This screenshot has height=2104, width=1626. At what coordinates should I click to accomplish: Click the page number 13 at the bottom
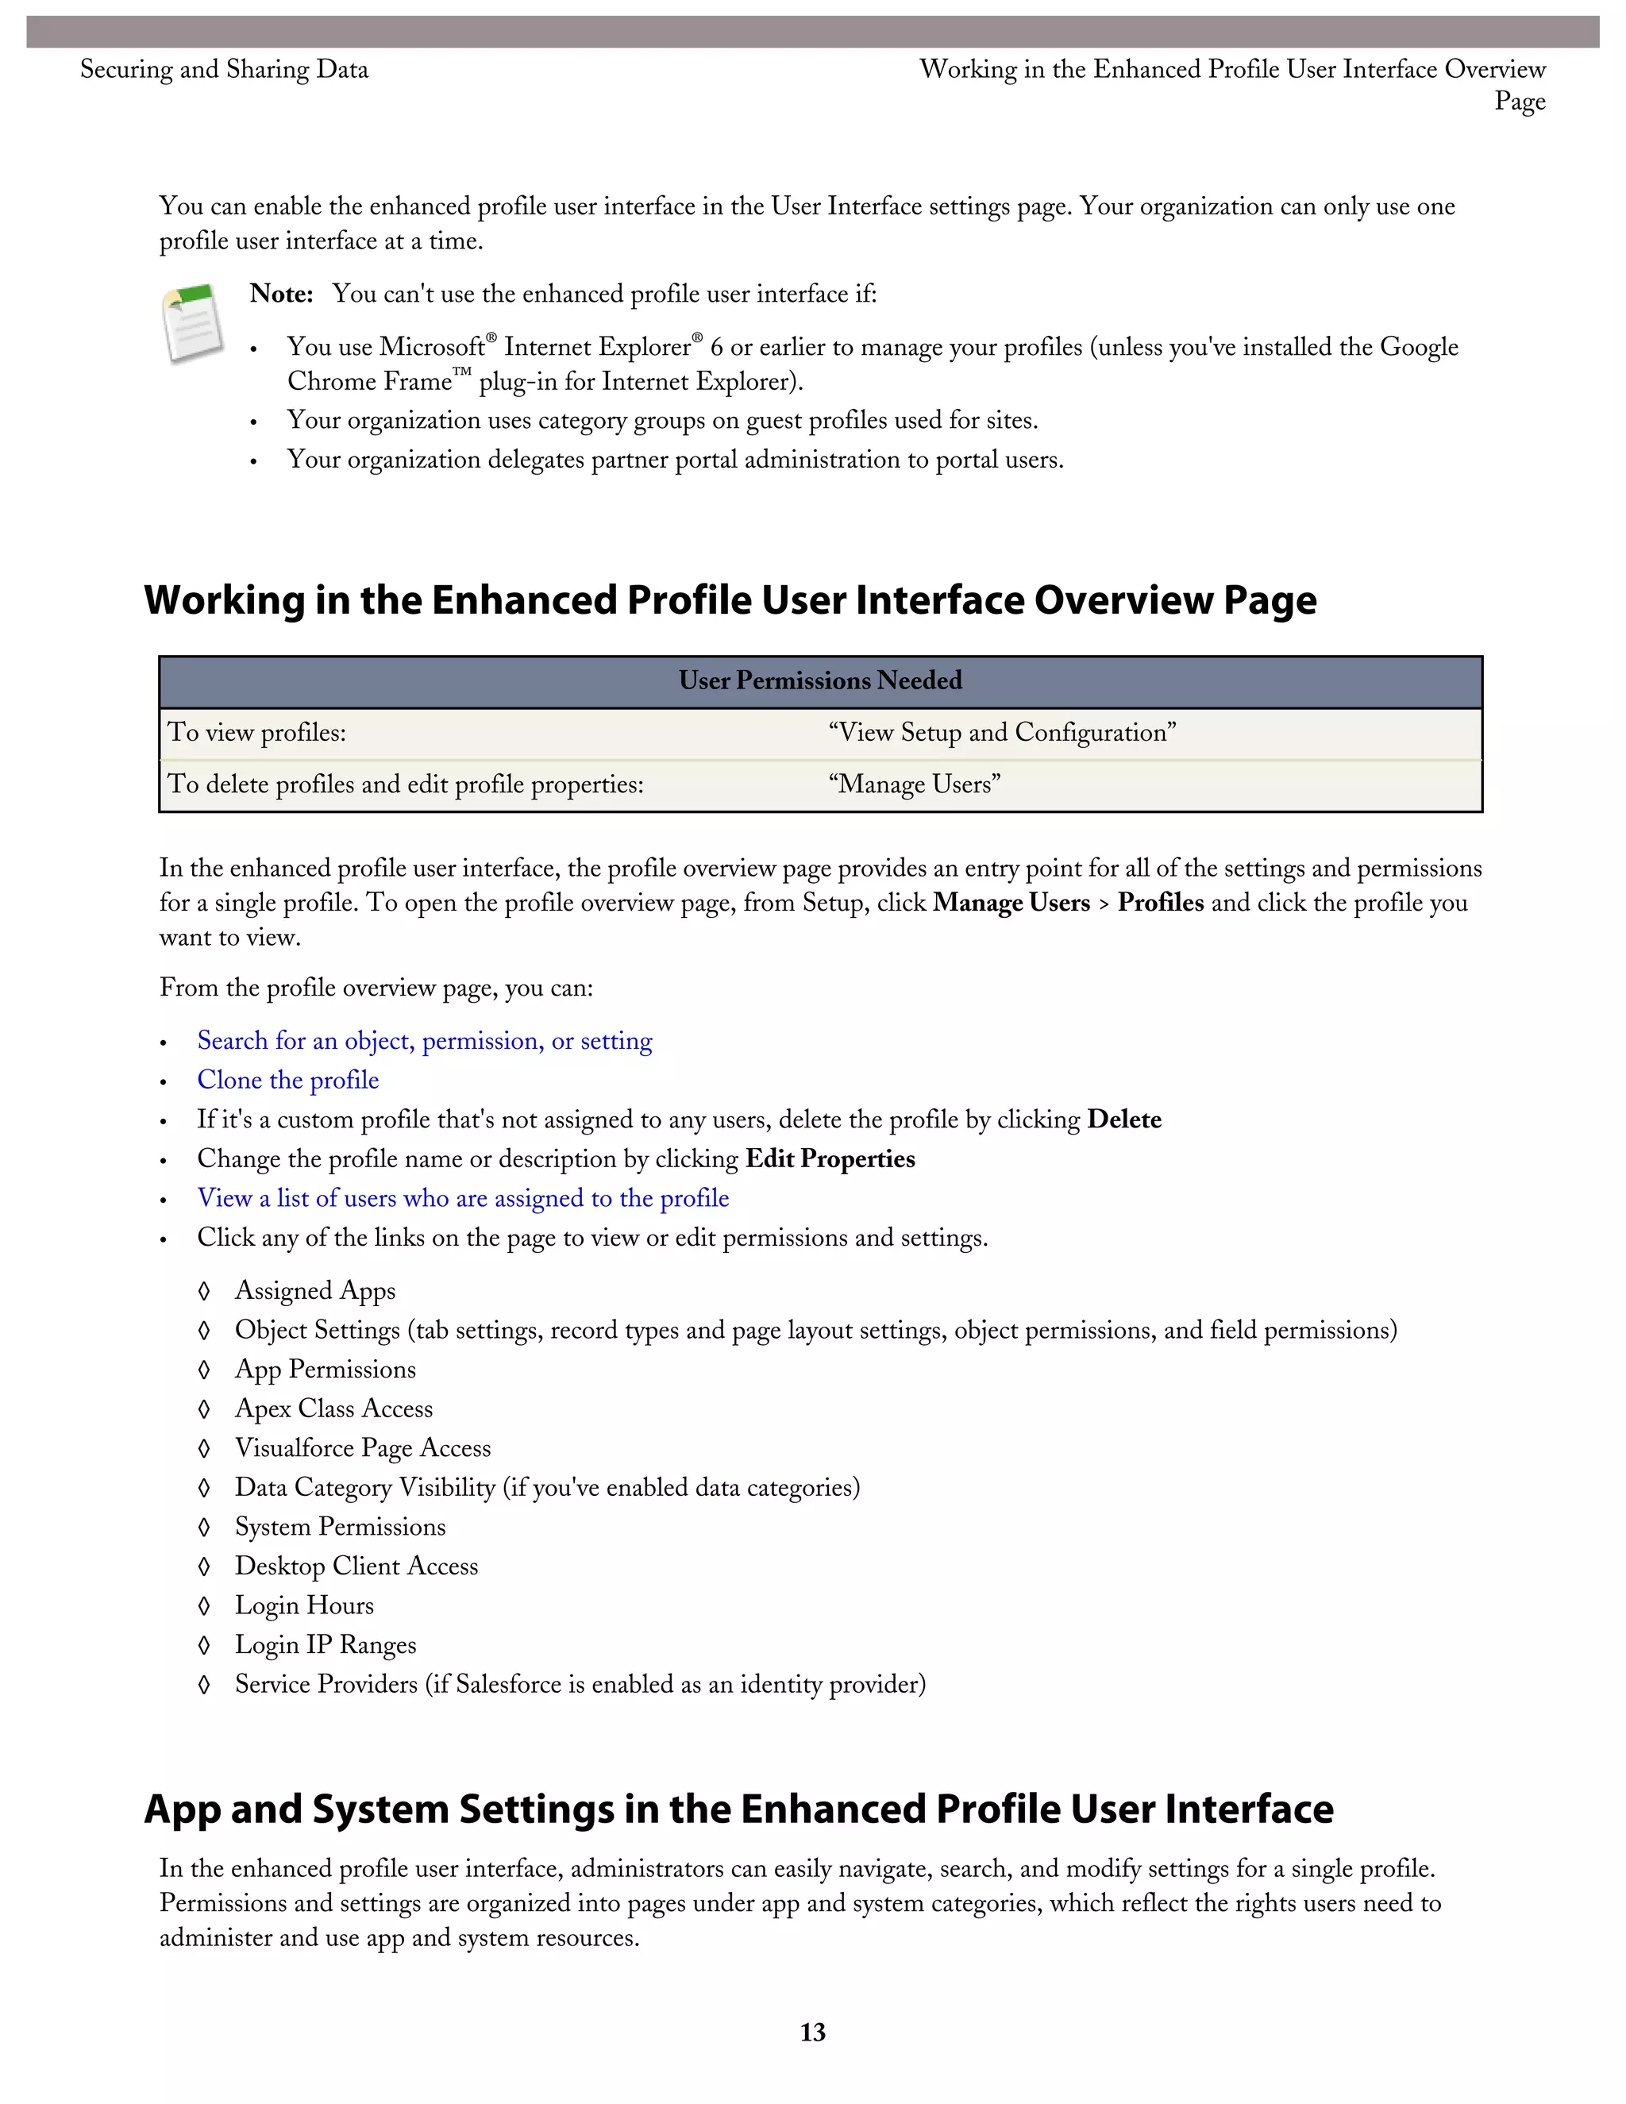(812, 2032)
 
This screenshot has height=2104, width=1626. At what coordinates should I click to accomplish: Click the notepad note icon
(193, 324)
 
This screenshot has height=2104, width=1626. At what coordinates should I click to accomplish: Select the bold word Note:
(281, 294)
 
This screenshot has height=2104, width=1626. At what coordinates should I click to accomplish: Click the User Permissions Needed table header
(819, 681)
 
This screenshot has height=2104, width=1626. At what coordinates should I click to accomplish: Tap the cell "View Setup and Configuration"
(1002, 733)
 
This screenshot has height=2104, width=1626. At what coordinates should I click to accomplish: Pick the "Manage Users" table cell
(914, 784)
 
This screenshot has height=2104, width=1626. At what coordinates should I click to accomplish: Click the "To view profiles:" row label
(257, 733)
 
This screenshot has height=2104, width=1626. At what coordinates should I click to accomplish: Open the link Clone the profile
(288, 1080)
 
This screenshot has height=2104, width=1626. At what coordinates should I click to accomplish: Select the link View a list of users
(462, 1197)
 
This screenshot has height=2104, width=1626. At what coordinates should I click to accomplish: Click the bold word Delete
(1123, 1119)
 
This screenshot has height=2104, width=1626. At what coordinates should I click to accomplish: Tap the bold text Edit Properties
(830, 1159)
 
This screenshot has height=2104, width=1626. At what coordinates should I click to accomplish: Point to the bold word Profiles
(1160, 903)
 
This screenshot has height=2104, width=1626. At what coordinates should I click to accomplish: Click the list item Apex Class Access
(333, 1408)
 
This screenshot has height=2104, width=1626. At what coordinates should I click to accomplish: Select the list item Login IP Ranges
(326, 1644)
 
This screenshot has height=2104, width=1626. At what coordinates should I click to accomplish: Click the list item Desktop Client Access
(356, 1566)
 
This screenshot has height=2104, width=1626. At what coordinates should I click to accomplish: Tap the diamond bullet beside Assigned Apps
(204, 1290)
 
